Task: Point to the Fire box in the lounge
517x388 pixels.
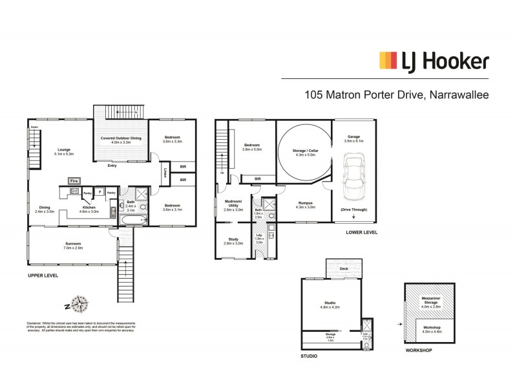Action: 74,180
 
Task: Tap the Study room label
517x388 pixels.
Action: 233,240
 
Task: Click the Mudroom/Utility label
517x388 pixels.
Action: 233,207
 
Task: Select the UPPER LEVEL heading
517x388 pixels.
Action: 43,275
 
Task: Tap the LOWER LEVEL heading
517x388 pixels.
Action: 361,232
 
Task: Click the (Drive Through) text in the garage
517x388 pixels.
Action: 353,210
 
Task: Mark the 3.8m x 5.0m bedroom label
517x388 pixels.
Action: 251,148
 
